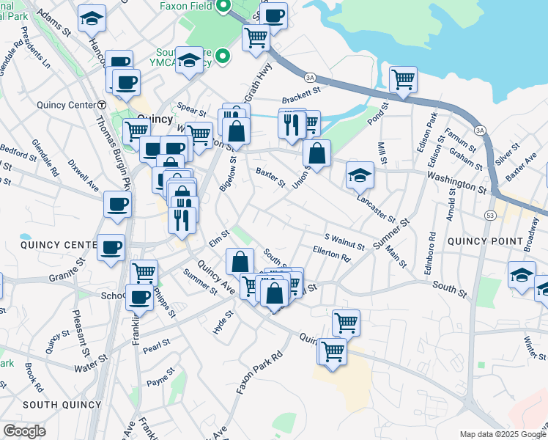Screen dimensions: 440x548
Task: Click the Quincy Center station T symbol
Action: click(x=102, y=105)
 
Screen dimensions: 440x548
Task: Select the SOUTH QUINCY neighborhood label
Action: click(x=62, y=405)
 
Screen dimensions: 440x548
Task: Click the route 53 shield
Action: click(x=489, y=215)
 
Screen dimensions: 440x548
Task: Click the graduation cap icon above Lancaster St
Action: click(x=360, y=175)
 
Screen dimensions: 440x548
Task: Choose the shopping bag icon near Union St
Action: click(x=316, y=154)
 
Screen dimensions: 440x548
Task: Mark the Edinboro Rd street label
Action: click(x=433, y=249)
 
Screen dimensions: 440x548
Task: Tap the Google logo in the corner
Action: click(x=24, y=431)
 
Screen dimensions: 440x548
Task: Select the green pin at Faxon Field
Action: click(x=225, y=7)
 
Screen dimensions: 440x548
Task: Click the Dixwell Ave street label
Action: click(x=83, y=175)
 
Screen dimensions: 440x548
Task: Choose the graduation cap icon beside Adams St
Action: click(x=92, y=18)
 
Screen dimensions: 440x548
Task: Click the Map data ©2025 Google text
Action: click(x=502, y=434)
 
